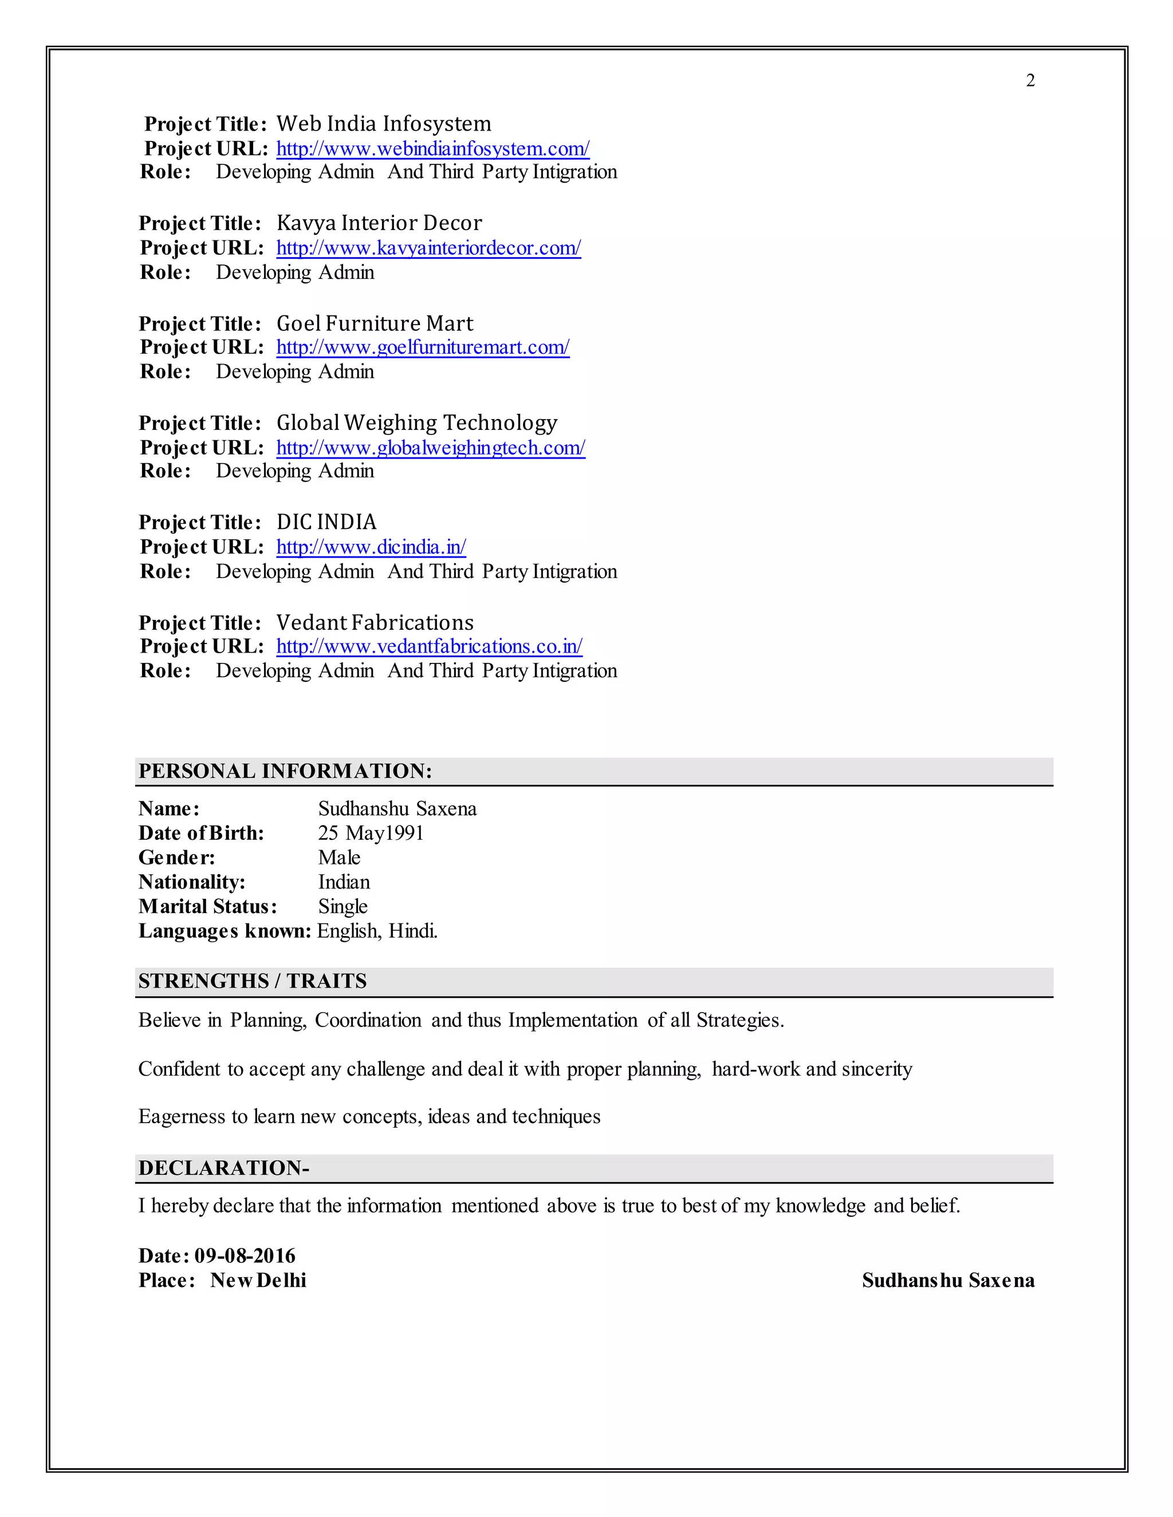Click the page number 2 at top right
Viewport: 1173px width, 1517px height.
point(1030,81)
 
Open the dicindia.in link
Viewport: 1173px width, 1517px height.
point(371,547)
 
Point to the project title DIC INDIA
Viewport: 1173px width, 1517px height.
point(326,522)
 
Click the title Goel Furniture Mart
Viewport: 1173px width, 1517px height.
point(374,323)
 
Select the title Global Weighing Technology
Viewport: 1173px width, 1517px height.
point(416,422)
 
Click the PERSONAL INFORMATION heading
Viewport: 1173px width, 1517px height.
point(285,771)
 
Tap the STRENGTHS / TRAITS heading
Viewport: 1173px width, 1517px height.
point(252,981)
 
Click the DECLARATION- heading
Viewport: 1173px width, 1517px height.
point(224,1168)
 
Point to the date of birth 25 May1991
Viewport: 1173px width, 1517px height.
point(371,833)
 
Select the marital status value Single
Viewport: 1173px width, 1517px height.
point(343,906)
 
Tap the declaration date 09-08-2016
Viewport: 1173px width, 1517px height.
point(245,1256)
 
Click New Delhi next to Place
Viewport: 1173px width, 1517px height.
point(258,1280)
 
